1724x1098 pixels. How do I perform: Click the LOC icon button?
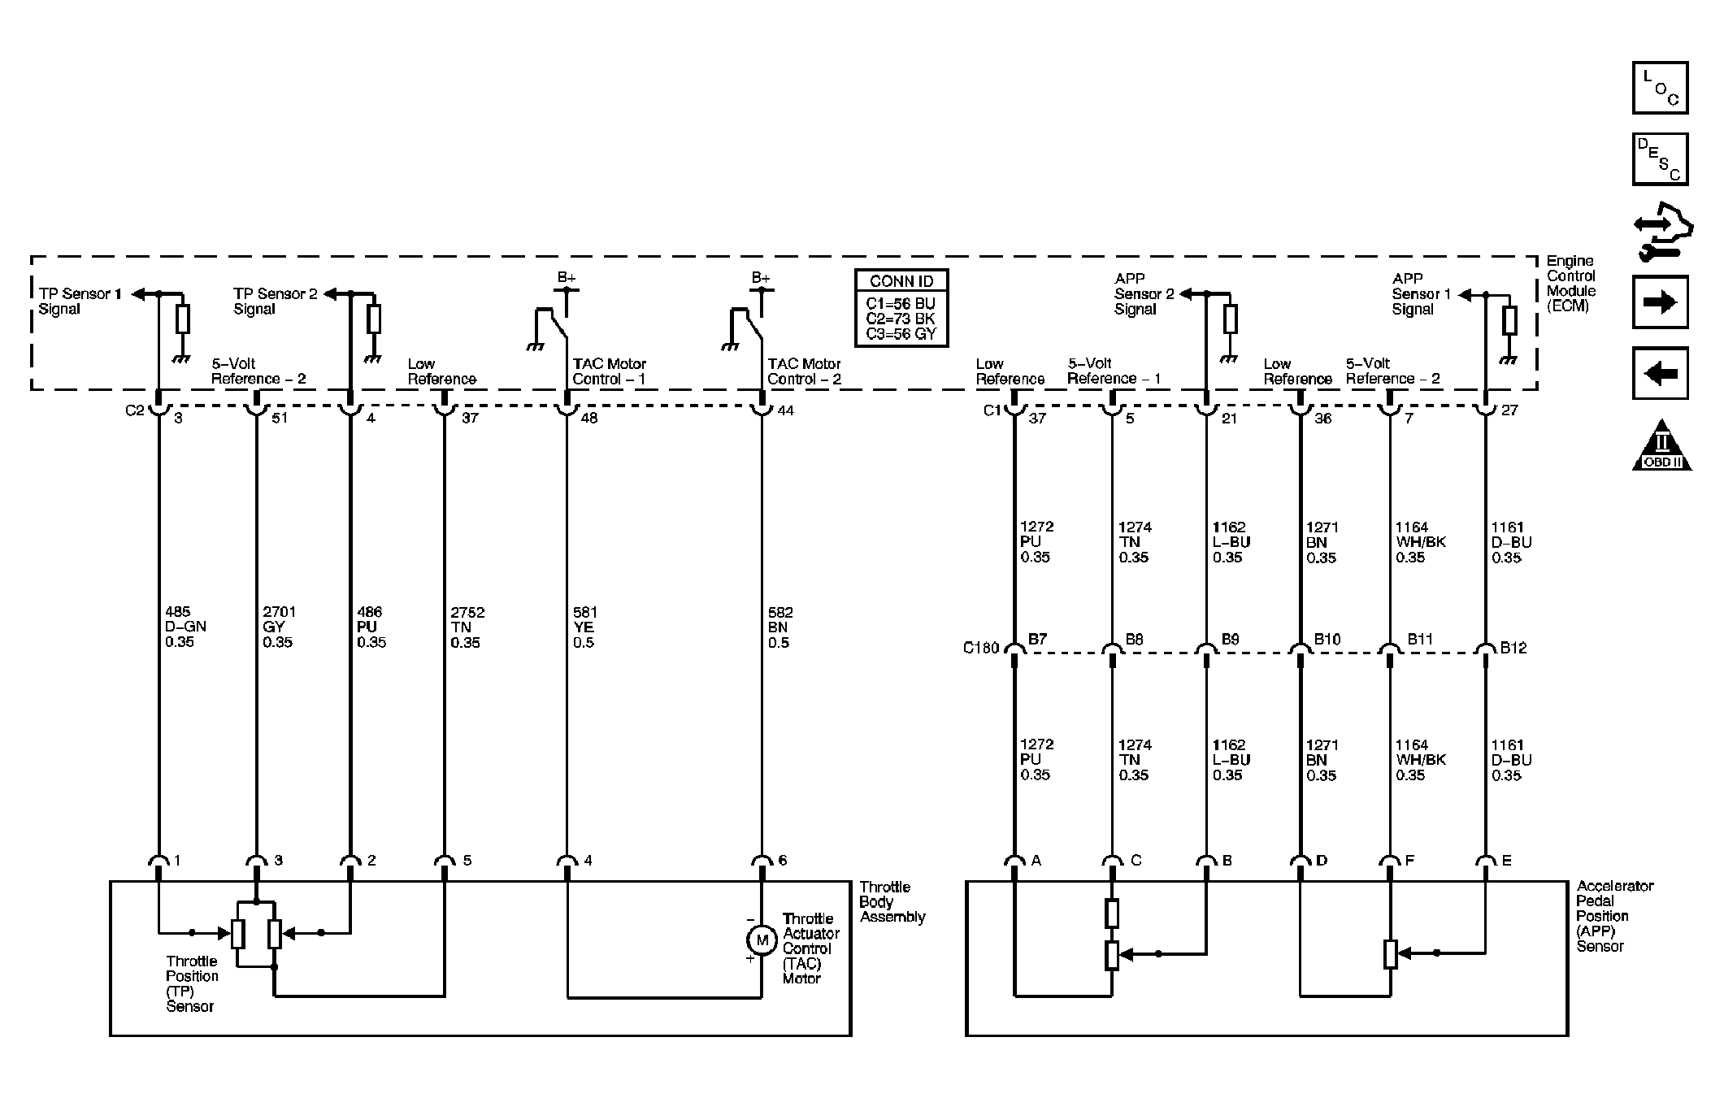1660,88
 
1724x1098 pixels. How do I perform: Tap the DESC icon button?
1660,159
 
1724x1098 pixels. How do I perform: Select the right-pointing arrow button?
1660,302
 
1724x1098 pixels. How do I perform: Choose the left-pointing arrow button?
1660,374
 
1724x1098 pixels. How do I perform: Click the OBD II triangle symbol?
1661,447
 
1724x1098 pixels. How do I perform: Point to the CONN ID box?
901,308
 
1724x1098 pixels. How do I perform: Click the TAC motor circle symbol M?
762,940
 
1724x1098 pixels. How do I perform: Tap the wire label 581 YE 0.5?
584,627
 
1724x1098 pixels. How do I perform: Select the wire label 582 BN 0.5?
779,627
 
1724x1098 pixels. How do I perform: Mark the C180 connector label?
980,648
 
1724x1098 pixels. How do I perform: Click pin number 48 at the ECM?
588,418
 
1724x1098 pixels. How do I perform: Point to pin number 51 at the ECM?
279,418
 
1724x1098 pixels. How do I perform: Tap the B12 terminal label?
1513,648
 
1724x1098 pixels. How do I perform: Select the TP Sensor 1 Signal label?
80,301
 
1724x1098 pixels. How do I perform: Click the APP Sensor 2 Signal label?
1144,293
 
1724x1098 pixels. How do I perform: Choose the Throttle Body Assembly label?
892,902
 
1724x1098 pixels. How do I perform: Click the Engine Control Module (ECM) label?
1570,283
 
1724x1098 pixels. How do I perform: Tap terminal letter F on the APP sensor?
1409,861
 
